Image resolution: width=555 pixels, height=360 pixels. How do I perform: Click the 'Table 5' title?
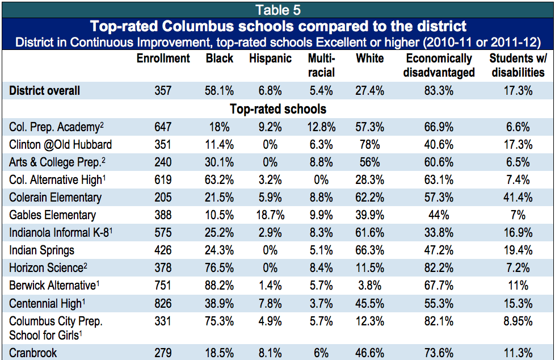tap(278, 10)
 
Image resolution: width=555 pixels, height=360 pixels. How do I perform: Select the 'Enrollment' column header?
tap(163, 58)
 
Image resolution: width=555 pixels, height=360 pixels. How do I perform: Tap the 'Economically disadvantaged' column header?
tap(440, 65)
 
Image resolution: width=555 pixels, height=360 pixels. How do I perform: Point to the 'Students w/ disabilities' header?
tap(518, 65)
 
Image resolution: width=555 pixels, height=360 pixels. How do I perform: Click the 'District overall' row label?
tap(45, 91)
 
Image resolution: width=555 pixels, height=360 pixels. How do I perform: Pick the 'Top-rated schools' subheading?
tap(278, 109)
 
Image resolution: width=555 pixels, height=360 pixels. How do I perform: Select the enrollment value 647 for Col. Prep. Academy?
tap(163, 127)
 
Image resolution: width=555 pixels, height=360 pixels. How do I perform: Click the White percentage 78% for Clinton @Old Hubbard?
tap(369, 144)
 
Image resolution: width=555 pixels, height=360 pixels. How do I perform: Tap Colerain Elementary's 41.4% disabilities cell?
tap(518, 198)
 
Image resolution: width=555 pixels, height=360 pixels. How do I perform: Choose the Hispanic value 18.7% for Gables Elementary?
tap(270, 215)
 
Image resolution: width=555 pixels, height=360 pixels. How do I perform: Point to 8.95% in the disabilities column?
tap(518, 321)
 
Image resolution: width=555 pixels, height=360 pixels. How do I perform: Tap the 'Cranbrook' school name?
tap(33, 353)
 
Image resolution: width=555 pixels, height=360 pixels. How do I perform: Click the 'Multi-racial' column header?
tap(321, 65)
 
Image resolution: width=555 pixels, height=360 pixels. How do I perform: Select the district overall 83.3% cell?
tap(440, 91)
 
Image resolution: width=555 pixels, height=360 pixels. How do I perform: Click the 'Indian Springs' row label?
tap(42, 250)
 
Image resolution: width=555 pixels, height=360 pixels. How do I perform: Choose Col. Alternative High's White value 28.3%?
tap(369, 180)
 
